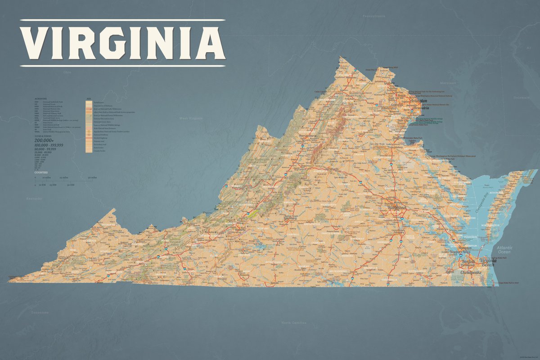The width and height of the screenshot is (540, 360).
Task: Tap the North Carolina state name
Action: point(293,323)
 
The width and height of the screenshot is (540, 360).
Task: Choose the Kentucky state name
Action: point(33,198)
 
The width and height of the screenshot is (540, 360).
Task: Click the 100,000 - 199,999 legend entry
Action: point(49,145)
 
